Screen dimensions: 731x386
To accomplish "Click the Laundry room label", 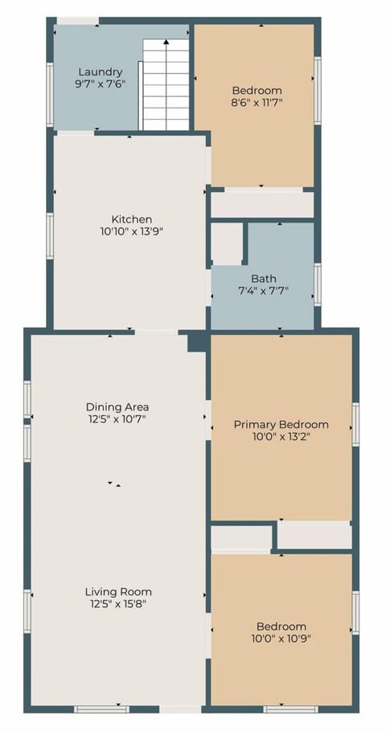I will pos(101,71).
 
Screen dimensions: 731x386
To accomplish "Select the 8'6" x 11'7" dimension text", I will pos(257,103).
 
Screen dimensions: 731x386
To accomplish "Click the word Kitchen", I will pos(132,219).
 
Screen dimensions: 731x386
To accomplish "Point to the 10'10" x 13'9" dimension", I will pos(132,231).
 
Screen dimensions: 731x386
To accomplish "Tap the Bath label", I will pos(263,279).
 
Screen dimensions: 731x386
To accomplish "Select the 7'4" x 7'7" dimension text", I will pos(263,291).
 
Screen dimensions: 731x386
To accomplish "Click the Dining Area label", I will pos(117,406).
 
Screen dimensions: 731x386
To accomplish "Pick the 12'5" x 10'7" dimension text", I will pos(117,419).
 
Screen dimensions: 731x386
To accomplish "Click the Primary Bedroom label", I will pos(281,424).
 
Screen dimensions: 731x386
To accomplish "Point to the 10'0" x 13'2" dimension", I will pos(281,437).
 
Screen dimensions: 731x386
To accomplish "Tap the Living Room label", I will pos(118,592).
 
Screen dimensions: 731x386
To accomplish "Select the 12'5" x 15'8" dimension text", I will pos(118,604).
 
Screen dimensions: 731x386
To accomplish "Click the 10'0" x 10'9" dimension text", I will pos(281,639).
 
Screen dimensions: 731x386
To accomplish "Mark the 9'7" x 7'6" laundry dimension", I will pos(101,84).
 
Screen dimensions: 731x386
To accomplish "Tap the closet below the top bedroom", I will pos(261,204).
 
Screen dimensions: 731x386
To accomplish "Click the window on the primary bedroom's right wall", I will pos(355,424).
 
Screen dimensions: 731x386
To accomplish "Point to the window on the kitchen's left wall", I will pos(50,235).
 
